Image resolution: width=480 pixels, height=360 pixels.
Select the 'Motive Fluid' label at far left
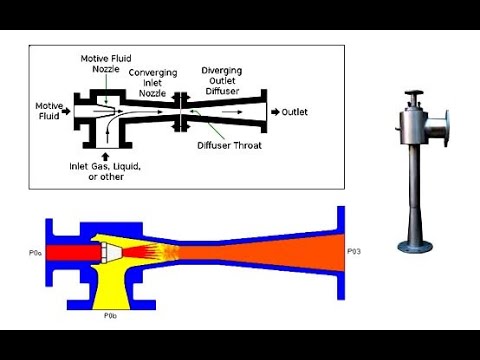(x=49, y=110)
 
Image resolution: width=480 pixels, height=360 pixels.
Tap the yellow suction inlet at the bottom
(x=110, y=290)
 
